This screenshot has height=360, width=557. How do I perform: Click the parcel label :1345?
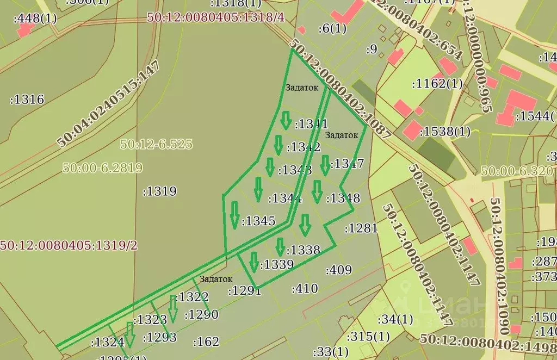tap(259, 221)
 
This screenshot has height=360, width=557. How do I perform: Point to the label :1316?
tap(27, 100)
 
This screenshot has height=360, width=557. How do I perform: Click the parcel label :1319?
tap(159, 191)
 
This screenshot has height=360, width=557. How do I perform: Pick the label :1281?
tap(361, 228)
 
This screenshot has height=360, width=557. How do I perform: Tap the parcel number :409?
tap(338, 270)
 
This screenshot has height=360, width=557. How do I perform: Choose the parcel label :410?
tap(305, 289)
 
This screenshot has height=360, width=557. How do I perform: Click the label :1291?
tap(244, 290)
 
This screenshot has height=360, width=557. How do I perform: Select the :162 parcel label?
tap(206, 342)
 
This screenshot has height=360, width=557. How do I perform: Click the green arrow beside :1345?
tap(234, 214)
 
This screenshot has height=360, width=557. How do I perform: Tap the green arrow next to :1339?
tap(253, 262)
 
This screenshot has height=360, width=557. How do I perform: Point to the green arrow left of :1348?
tap(317, 191)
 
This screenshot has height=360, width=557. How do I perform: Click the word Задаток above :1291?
tap(216, 279)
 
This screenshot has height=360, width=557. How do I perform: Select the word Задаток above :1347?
tap(342, 135)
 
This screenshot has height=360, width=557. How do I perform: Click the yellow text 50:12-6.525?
tap(156, 144)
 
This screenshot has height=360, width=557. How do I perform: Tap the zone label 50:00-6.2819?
tap(103, 167)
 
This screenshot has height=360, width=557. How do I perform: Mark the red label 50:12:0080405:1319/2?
tap(69, 245)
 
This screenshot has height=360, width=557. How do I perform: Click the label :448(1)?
tap(35, 18)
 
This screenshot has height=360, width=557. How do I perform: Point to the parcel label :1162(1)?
tap(437, 84)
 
